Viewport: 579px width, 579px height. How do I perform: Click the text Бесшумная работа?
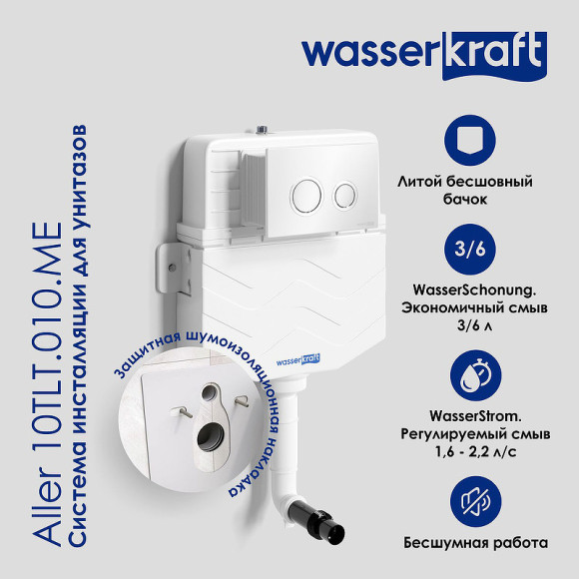[x=476, y=543]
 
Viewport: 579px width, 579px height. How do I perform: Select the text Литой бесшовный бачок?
[x=479, y=191]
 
